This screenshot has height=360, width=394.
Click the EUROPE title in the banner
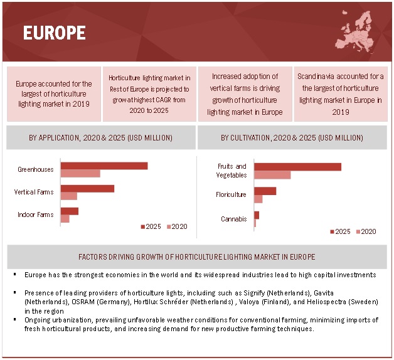coord(54,33)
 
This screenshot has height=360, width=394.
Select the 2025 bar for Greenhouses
coord(104,166)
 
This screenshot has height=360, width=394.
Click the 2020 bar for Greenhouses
coord(80,173)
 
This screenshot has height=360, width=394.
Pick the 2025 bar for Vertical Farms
coord(87,188)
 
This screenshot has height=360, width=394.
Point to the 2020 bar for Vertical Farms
coord(68,196)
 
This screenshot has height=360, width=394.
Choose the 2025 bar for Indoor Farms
coord(69,211)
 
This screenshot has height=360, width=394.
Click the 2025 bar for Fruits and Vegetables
coord(297,167)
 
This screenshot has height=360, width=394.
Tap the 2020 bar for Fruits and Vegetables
coord(272,175)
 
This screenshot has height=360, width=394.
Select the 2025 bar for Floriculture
coord(265,191)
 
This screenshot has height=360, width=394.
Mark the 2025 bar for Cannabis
coord(256,215)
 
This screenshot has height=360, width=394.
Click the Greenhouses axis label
coord(36,169)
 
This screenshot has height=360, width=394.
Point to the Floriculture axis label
coord(231,194)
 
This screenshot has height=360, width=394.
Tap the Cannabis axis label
coord(233,219)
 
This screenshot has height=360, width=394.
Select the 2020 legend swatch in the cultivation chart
coord(358,231)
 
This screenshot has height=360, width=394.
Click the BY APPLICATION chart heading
coord(100,137)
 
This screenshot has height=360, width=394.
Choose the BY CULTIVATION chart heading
coord(292,137)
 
